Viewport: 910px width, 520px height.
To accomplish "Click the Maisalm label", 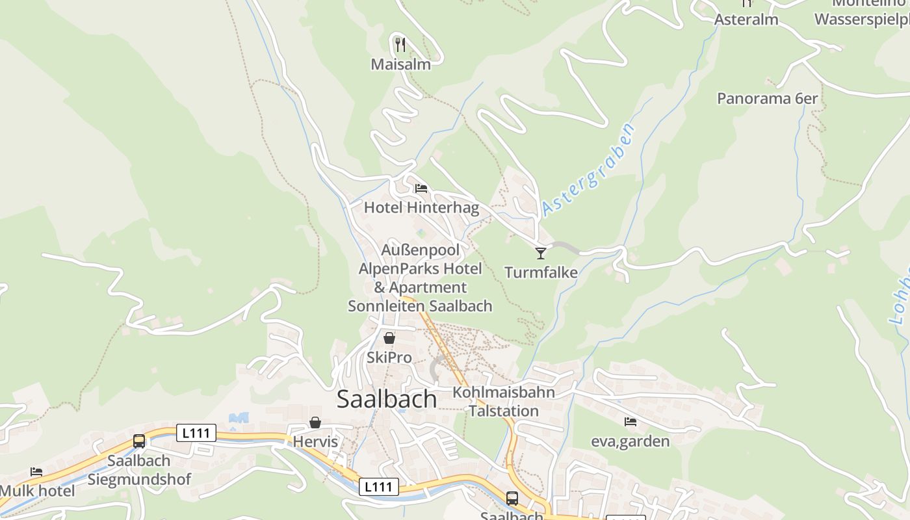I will pyautogui.click(x=400, y=64).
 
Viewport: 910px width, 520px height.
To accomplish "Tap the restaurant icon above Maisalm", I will pyautogui.click(x=400, y=44).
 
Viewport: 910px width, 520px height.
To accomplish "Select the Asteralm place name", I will pyautogui.click(x=746, y=19).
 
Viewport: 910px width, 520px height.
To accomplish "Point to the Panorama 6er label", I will pyautogui.click(x=767, y=98).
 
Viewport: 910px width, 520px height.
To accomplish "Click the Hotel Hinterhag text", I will pyautogui.click(x=421, y=208).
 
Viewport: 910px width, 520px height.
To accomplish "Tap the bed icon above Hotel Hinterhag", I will pyautogui.click(x=421, y=189).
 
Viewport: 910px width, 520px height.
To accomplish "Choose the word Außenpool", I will pyautogui.click(x=421, y=250).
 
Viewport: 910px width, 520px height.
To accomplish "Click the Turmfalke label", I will pyautogui.click(x=541, y=272).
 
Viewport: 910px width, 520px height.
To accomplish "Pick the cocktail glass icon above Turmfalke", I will pyautogui.click(x=541, y=253).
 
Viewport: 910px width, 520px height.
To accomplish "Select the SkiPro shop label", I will pyautogui.click(x=389, y=357).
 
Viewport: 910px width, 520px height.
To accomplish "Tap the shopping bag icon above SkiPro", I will pyautogui.click(x=389, y=338).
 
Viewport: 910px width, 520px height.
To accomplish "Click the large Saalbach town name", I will pyautogui.click(x=387, y=399).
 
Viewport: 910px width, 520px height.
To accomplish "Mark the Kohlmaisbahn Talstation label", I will pyautogui.click(x=504, y=402).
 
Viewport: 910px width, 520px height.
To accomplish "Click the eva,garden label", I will pyautogui.click(x=630, y=441).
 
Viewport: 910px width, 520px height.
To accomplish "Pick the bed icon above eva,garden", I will pyautogui.click(x=630, y=422).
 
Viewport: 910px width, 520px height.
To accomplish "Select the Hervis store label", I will pyautogui.click(x=316, y=442).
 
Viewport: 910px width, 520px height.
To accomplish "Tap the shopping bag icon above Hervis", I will pyautogui.click(x=315, y=422).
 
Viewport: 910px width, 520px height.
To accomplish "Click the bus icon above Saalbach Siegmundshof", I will pyautogui.click(x=139, y=441).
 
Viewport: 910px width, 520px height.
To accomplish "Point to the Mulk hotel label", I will pyautogui.click(x=38, y=491).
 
